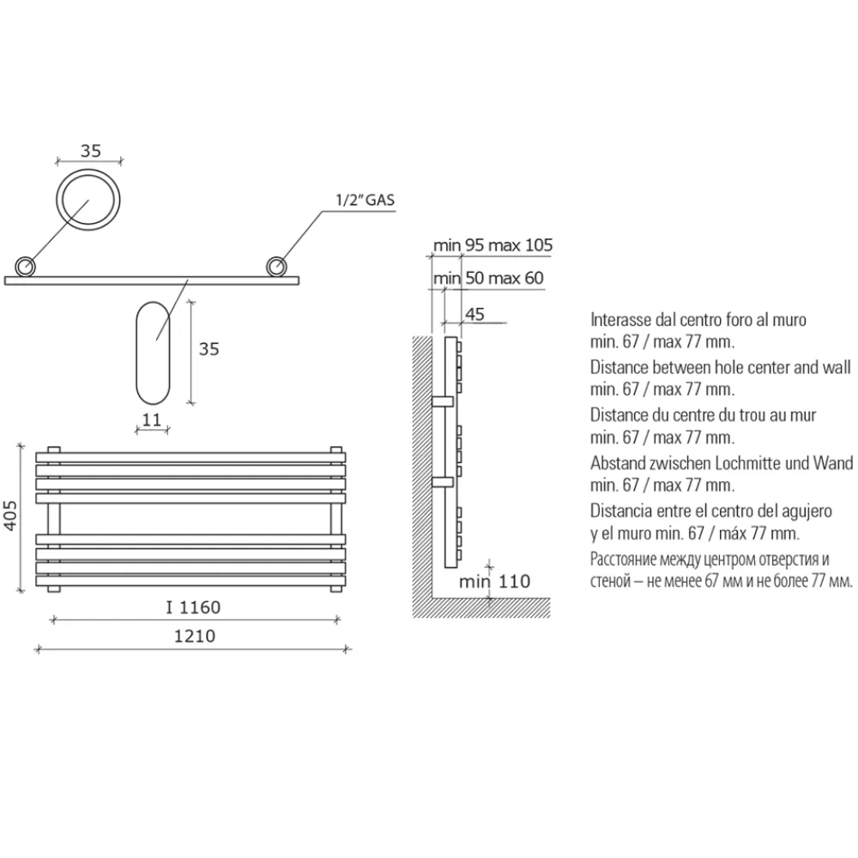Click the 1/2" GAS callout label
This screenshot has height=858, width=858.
coord(365,200)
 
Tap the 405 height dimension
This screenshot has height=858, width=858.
coord(11,516)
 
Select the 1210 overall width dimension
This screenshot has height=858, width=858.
coord(194,637)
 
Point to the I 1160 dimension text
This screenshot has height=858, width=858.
coord(193,607)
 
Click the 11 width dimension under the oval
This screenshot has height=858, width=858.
coord(152,420)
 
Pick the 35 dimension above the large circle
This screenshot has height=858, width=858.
coord(91,150)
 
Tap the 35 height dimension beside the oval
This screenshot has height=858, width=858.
coord(208,349)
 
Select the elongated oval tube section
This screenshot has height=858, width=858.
coord(136,353)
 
